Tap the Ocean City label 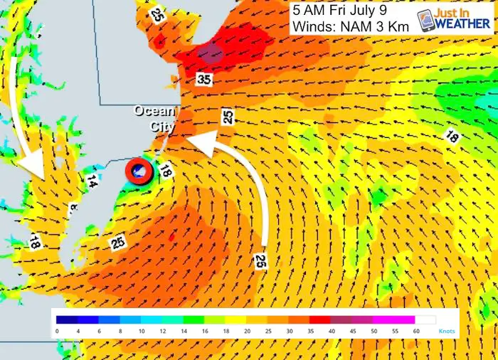(x=155, y=118)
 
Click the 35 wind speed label (x=204, y=80)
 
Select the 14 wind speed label (x=91, y=182)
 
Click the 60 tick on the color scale (x=416, y=332)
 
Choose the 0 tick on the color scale (x=57, y=332)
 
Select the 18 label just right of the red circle (x=165, y=171)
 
